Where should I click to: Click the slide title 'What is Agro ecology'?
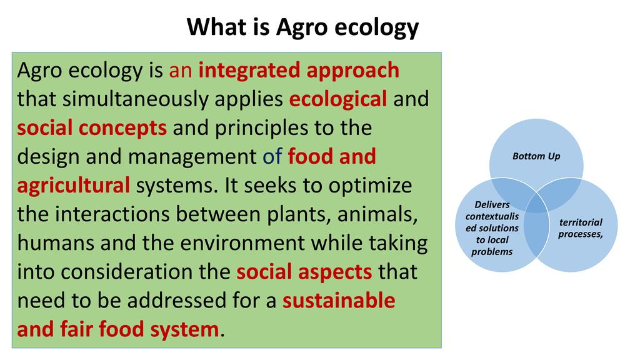(x=302, y=27)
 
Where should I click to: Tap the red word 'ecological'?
(x=338, y=99)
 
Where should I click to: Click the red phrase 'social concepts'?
(x=92, y=128)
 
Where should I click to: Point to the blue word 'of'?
(x=272, y=156)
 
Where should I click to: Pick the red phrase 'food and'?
(x=332, y=156)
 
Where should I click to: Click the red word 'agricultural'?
(x=74, y=186)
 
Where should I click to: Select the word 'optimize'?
(x=370, y=186)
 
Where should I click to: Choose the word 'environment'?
(x=242, y=243)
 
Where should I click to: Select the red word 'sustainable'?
(x=339, y=301)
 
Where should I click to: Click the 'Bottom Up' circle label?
(x=536, y=156)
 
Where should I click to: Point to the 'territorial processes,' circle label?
(x=581, y=228)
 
